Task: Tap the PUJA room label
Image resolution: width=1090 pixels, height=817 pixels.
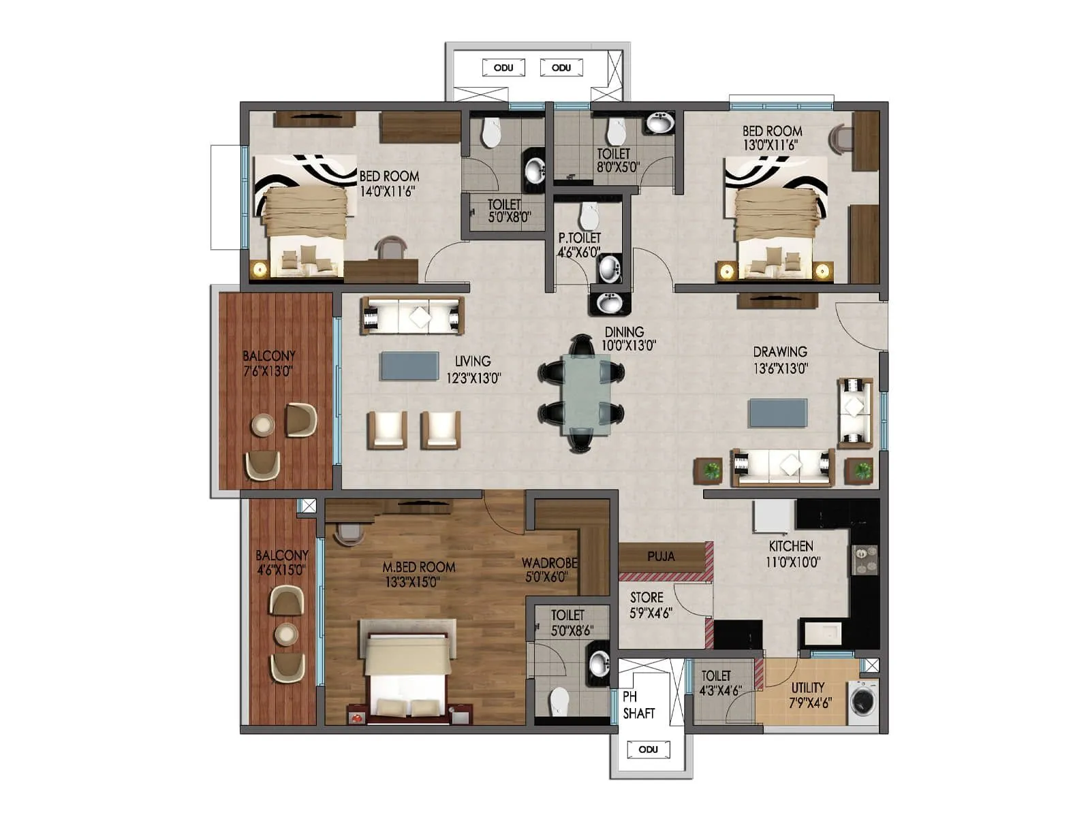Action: pos(661,556)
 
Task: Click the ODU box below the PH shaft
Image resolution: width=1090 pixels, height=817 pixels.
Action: pos(648,750)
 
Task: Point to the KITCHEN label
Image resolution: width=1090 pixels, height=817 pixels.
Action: pos(791,546)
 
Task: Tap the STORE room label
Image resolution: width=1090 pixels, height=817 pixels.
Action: pos(647,597)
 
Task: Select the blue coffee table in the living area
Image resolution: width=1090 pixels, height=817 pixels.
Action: pos(409,366)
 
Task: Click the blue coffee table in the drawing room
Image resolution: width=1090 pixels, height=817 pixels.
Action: pos(778,413)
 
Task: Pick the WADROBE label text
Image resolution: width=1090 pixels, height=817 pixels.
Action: pos(549,563)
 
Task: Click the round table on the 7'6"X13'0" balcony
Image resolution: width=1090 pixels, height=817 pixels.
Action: pos(262,426)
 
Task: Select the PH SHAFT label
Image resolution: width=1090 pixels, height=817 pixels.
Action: pos(638,705)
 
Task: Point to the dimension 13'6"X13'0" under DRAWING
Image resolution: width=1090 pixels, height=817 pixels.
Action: pos(781,368)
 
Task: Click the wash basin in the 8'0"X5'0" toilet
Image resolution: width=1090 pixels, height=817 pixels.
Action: pos(659,124)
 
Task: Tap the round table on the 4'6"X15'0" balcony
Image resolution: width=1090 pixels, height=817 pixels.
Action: pos(286,635)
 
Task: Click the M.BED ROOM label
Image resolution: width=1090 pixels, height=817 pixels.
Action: pos(418,566)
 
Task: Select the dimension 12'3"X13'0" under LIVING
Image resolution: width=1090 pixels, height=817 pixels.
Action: pos(473,378)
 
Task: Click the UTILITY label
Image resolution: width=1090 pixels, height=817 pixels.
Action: pos(808,688)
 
